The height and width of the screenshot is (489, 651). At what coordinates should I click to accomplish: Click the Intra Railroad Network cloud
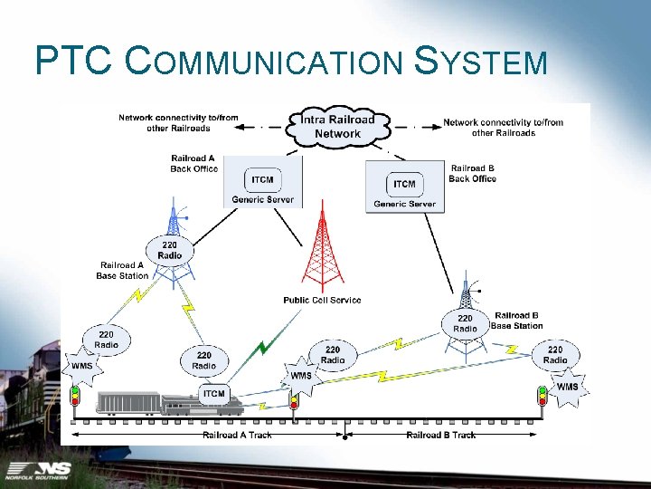(337, 127)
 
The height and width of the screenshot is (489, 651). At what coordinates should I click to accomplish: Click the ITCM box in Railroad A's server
(262, 179)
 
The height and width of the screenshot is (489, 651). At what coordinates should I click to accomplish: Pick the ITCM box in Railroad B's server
(404, 184)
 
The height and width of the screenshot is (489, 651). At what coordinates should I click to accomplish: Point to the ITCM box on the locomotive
(214, 393)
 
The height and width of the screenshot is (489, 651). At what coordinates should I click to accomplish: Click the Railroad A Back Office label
(193, 163)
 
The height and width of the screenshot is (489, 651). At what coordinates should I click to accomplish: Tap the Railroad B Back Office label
(472, 173)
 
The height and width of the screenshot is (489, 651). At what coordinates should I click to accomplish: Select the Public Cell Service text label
(322, 300)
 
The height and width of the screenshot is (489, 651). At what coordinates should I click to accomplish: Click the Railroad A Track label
(238, 436)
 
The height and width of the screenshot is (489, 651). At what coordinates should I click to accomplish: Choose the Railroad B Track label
(440, 436)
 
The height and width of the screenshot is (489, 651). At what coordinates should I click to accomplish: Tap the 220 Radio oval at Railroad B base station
(465, 323)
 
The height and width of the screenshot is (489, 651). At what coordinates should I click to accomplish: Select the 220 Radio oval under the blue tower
(169, 250)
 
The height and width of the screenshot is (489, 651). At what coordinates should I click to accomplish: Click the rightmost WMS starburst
(567, 387)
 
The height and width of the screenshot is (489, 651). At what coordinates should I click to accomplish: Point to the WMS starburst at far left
(81, 367)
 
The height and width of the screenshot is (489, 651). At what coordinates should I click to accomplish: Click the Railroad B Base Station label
(517, 321)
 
